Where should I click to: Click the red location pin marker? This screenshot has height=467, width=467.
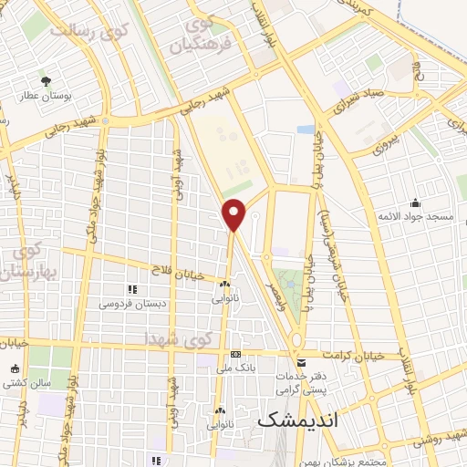click(x=234, y=213)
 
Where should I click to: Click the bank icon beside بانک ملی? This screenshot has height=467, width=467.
click(x=236, y=354)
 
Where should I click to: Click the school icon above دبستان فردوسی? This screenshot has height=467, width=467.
click(x=132, y=288)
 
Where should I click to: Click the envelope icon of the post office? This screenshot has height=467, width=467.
click(x=302, y=363)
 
